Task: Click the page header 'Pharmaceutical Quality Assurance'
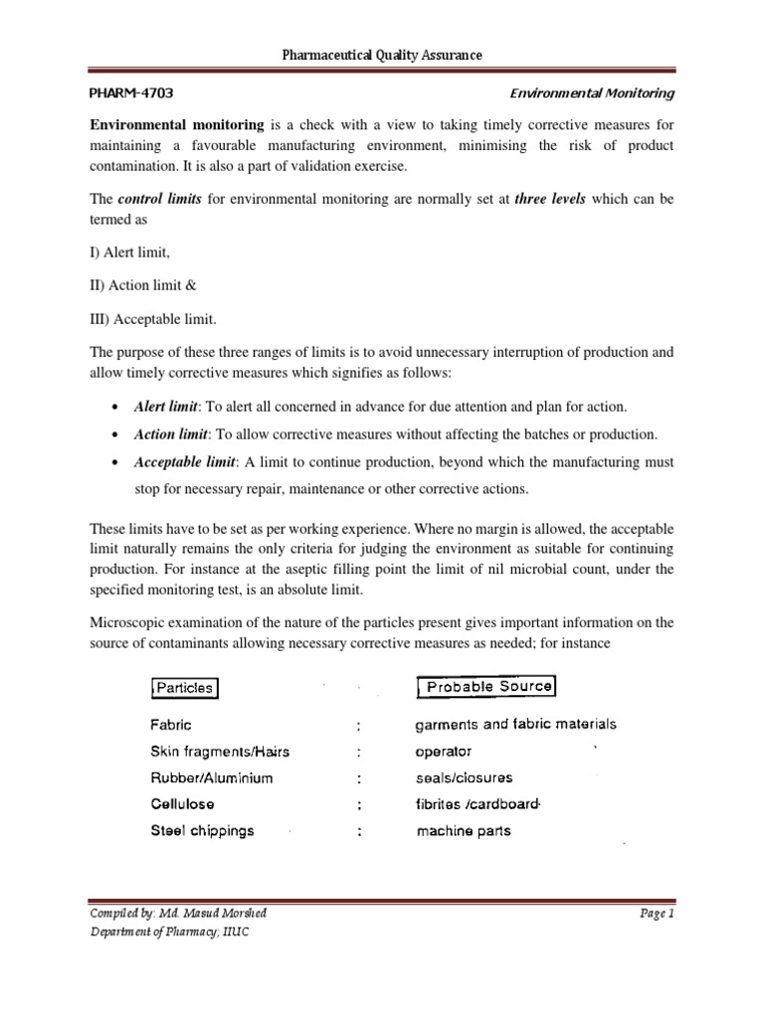click(383, 55)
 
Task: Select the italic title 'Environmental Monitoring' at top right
click(592, 94)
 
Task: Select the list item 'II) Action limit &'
click(144, 285)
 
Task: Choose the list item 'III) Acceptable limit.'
click(153, 318)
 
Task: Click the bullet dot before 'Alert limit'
click(118, 408)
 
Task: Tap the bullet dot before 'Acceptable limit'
click(118, 462)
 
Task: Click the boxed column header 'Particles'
click(184, 688)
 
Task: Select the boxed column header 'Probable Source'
click(486, 687)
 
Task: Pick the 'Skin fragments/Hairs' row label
click(220, 752)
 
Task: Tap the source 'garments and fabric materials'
click(516, 725)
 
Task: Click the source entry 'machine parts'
click(464, 830)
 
